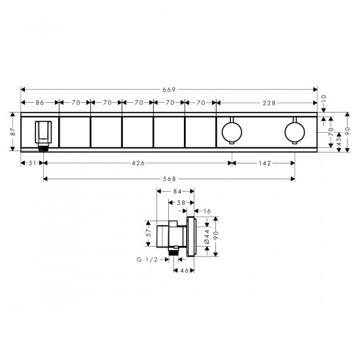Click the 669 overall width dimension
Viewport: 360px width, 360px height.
click(169, 90)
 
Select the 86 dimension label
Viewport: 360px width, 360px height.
click(40, 103)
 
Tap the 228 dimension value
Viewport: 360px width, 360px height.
click(269, 103)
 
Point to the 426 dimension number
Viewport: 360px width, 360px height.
click(138, 163)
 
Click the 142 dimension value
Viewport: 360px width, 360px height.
click(265, 163)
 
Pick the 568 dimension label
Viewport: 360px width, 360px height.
click(170, 179)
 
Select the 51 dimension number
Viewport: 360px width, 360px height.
click(32, 163)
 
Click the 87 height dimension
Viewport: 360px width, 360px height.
click(13, 132)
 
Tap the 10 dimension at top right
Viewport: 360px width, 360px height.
click(323, 99)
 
